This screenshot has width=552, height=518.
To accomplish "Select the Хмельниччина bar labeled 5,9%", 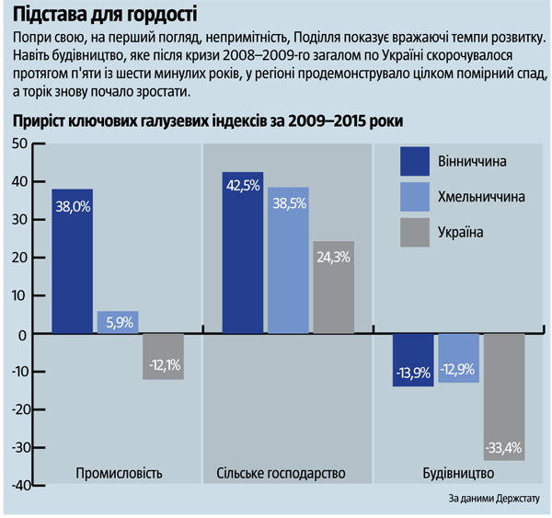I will click(x=118, y=322).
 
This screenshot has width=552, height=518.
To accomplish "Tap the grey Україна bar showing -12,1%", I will click(x=163, y=356).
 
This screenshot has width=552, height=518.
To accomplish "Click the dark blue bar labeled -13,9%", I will click(x=412, y=360).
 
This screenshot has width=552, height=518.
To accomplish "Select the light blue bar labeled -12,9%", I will click(x=457, y=358).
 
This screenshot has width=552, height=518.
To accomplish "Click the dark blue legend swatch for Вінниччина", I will click(x=415, y=161).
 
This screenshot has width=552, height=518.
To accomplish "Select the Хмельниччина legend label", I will click(x=481, y=197).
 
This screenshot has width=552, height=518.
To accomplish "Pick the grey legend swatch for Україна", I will click(x=415, y=233).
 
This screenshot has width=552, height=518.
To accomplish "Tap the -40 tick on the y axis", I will click(x=17, y=485).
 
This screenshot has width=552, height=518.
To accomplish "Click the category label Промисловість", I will click(x=118, y=473).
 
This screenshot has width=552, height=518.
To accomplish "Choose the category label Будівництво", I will click(x=457, y=473).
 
